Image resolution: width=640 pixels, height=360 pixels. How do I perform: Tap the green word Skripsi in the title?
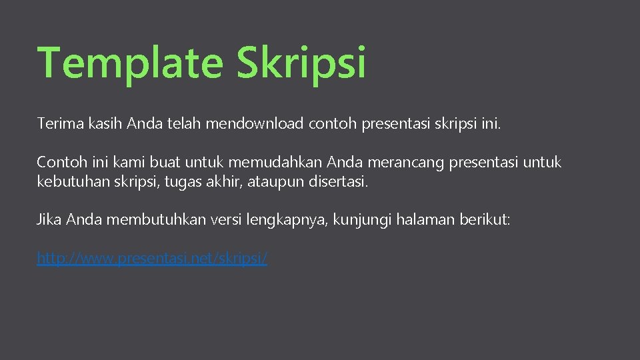(301, 63)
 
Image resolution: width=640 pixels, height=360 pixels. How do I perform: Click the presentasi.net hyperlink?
(152, 258)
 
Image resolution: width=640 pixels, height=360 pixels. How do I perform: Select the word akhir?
(224, 181)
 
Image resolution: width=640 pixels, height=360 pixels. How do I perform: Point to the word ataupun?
(277, 181)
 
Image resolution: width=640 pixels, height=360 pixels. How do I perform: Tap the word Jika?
(49, 220)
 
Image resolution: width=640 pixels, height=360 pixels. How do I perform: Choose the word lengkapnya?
(291, 220)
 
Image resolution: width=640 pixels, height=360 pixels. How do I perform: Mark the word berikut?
(485, 220)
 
